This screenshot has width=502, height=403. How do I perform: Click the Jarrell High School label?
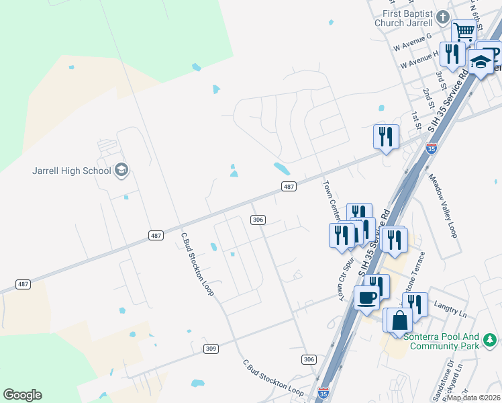tap(71, 171)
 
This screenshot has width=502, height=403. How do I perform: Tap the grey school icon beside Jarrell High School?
tap(121, 170)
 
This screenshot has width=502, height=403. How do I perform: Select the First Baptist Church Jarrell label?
tap(407, 18)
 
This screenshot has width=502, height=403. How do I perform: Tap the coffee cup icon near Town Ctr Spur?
tap(366, 296)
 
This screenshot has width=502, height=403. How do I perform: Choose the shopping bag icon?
tap(399, 320)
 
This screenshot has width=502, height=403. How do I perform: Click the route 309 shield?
tap(211, 349)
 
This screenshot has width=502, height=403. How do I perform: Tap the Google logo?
tap(22, 395)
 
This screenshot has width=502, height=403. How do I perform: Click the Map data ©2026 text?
tap(474, 398)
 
